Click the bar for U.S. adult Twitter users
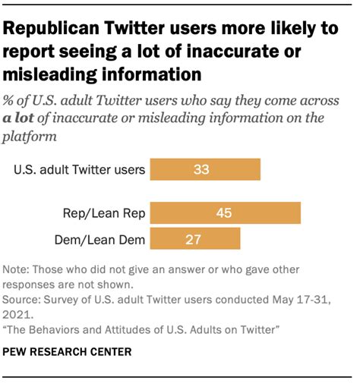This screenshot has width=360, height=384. click(205, 169)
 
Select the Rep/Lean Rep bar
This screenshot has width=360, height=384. click(226, 213)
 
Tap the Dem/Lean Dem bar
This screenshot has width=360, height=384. click(195, 239)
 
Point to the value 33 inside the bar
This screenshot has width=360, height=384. click(201, 169)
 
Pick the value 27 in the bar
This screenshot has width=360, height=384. click(193, 239)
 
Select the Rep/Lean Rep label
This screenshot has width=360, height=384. click(105, 213)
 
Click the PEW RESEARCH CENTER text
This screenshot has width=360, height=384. click(67, 351)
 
